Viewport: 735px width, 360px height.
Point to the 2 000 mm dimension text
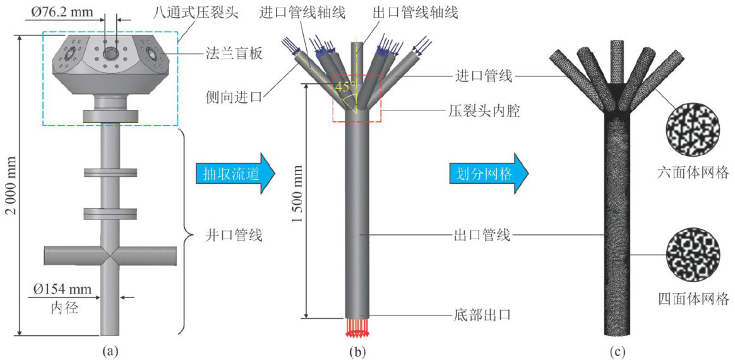coord(9,183)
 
